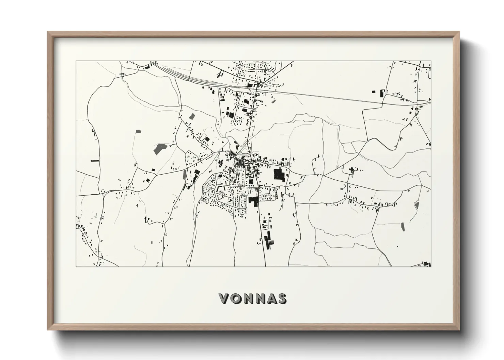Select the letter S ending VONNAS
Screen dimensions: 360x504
281,298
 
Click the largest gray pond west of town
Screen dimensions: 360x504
159,149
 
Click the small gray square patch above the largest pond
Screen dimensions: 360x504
138,131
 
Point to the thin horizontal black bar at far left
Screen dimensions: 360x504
95,160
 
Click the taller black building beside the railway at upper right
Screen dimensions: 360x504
381,92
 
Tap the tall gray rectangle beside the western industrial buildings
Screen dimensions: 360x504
185,175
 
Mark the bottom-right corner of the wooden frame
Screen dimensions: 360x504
459,329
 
